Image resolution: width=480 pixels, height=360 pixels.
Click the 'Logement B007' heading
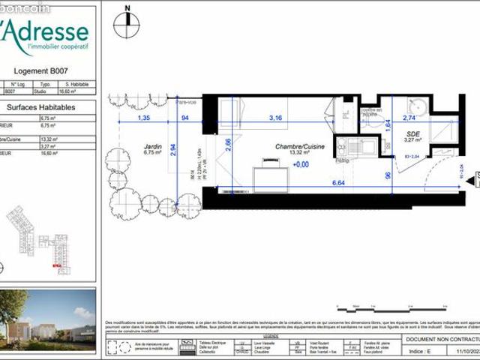[x=48, y=71]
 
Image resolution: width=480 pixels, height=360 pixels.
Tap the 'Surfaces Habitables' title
[x=45, y=107]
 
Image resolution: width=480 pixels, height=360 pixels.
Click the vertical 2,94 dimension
[x=173, y=149]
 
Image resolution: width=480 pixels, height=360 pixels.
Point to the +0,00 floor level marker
[x=301, y=164]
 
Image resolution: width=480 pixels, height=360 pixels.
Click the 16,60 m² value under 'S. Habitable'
[x=76, y=91]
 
